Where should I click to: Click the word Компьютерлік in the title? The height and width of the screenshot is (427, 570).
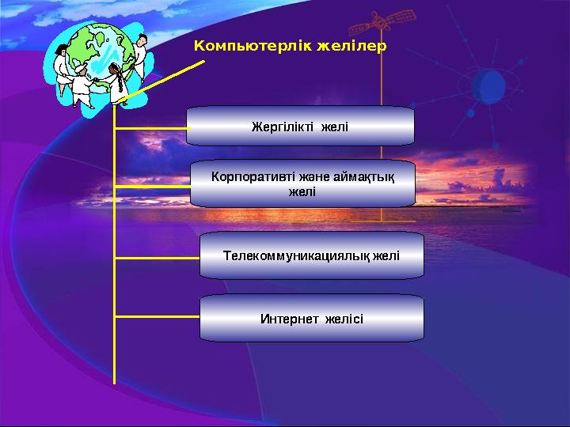pyautogui.click(x=252, y=46)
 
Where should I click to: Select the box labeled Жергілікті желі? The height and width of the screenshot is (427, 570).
pyautogui.click(x=300, y=127)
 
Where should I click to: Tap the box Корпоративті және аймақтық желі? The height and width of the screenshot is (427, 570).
pyautogui.click(x=302, y=183)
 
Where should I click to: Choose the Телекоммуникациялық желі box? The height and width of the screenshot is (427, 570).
pyautogui.click(x=311, y=255)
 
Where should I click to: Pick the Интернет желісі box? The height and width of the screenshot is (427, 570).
pyautogui.click(x=311, y=319)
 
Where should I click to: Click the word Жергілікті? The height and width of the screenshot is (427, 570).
pyautogui.click(x=282, y=127)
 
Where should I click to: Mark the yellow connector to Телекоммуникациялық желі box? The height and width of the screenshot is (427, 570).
pyautogui.click(x=157, y=258)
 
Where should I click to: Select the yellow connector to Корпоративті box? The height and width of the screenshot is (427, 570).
pyautogui.click(x=153, y=186)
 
